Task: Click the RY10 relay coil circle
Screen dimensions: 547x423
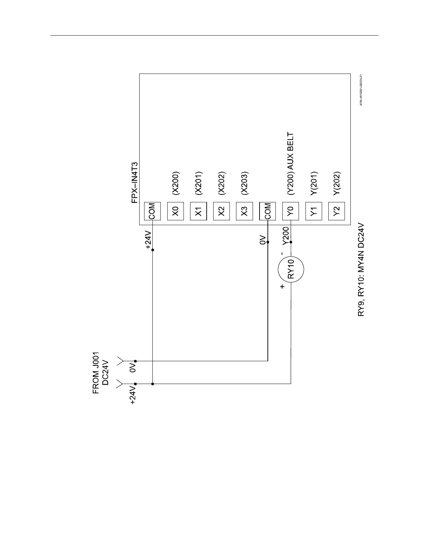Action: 291,270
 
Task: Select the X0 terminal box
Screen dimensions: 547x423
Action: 176,211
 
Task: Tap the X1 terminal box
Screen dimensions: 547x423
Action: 198,211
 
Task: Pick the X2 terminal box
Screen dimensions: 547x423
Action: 222,211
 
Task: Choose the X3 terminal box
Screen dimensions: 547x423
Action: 244,211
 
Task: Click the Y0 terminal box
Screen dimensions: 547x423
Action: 291,211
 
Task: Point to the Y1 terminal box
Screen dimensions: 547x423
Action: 314,211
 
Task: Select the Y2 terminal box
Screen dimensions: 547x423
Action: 337,211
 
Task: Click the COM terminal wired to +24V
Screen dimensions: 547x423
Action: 152,211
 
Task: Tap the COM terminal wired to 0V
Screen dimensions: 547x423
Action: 267,211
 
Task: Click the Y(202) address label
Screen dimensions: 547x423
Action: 337,184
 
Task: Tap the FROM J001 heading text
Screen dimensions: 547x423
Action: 96,373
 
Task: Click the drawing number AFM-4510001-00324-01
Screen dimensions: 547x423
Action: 360,90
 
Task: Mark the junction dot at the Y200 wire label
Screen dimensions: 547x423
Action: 291,242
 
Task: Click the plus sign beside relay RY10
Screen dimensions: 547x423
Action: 282,286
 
